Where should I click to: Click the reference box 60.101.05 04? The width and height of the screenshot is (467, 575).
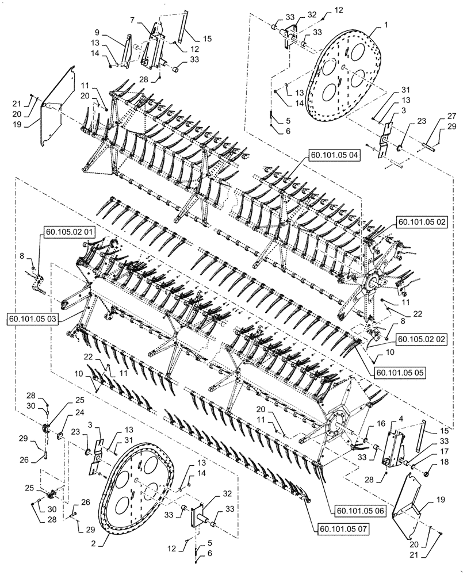point(334,155)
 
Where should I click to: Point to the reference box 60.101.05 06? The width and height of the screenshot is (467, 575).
point(353,509)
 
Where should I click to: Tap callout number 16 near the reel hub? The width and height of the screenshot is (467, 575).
point(363,423)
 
